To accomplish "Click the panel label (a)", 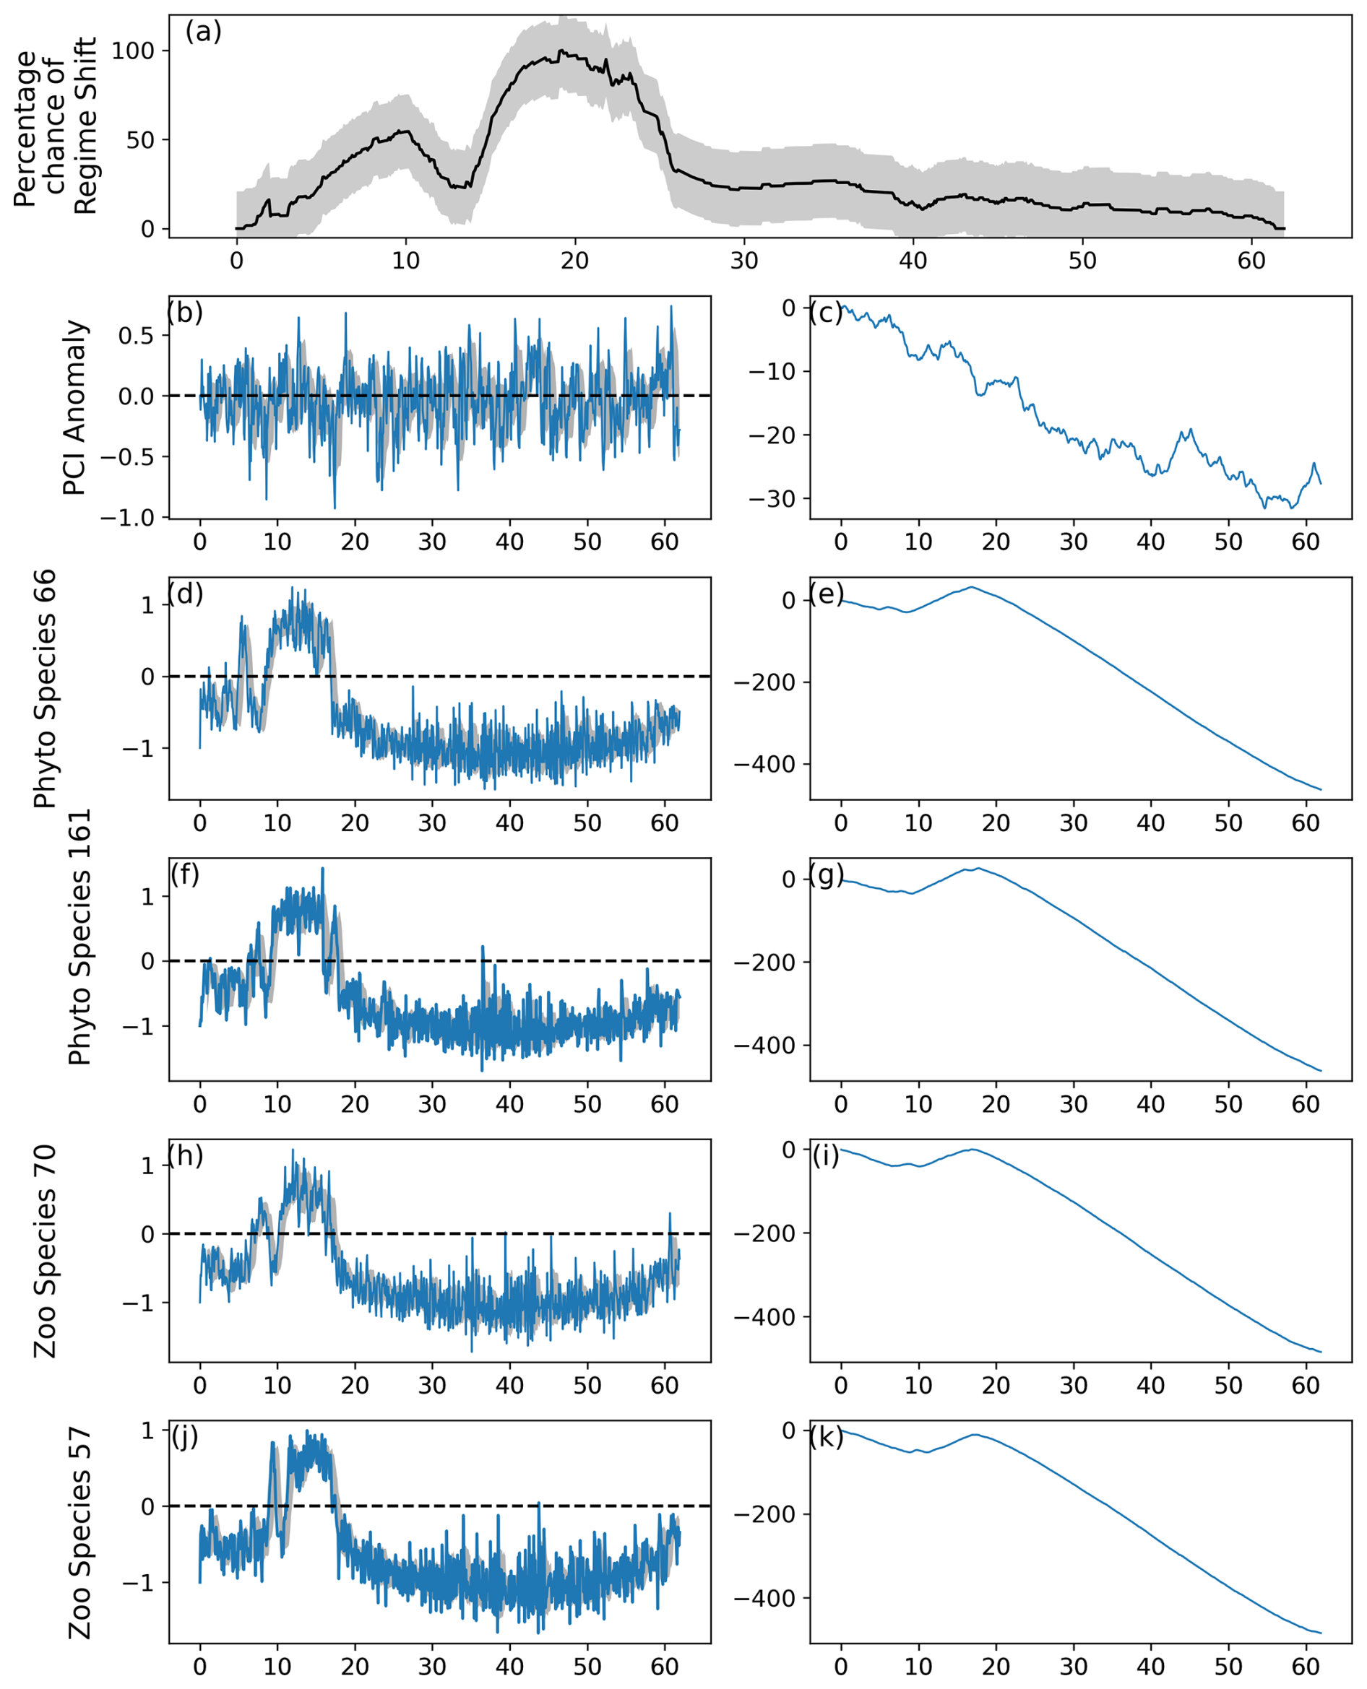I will (x=203, y=32).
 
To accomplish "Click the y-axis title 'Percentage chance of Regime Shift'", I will (x=55, y=126).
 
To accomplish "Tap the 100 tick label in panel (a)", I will (x=133, y=51).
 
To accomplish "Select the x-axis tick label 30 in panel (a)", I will (x=743, y=261).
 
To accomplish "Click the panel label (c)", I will (x=826, y=313).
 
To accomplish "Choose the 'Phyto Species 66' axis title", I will (x=46, y=689).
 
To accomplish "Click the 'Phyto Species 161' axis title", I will (x=80, y=937).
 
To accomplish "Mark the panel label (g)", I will (x=827, y=874).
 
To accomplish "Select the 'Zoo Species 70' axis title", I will (x=46, y=1251).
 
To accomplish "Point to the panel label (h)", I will (x=186, y=1155).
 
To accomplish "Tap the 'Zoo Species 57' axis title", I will (x=80, y=1532).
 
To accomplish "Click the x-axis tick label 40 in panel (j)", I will (x=509, y=1667).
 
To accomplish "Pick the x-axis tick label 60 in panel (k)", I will (x=1306, y=1667).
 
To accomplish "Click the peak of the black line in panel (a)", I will (x=561, y=51).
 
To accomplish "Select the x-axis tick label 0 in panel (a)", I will (x=236, y=261).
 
